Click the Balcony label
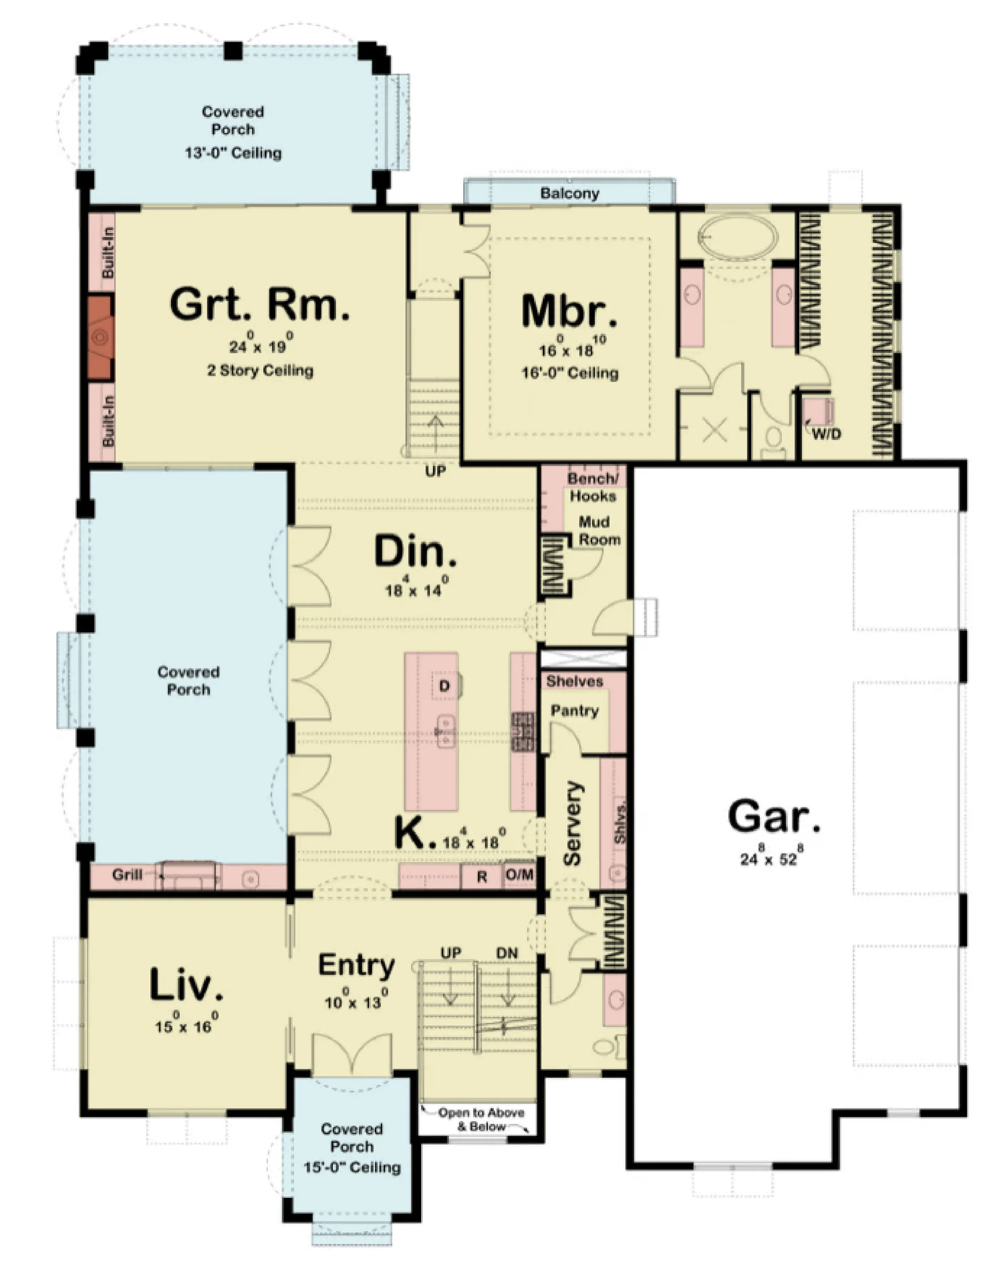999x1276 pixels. point(570,193)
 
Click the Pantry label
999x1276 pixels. point(574,711)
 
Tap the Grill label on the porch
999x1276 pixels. point(127,874)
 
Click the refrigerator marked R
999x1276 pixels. point(481,877)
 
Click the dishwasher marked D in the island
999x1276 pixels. point(444,686)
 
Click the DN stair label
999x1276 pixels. point(507,953)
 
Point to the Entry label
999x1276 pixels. point(356,967)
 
